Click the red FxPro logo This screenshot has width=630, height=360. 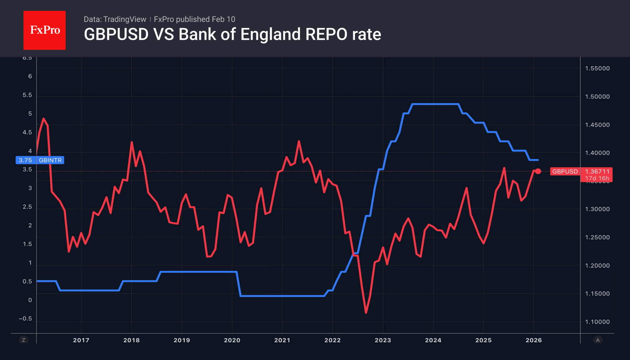(x=45, y=30)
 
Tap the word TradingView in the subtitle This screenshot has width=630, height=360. (x=125, y=19)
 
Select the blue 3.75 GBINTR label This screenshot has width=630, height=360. (x=40, y=160)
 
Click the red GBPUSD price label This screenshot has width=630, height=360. (x=565, y=172)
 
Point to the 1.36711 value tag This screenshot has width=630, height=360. (x=597, y=172)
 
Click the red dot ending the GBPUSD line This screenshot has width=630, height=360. (x=538, y=171)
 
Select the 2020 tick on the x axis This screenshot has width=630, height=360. (x=232, y=340)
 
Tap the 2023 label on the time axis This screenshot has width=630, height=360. (x=383, y=340)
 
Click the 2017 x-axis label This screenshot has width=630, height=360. (x=81, y=340)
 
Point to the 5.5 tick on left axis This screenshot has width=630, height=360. (x=27, y=95)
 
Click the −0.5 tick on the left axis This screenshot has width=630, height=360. (x=25, y=319)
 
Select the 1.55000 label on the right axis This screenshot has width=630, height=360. (x=597, y=68)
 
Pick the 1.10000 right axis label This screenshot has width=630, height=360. (x=597, y=322)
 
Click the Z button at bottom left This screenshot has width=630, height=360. (x=23, y=340)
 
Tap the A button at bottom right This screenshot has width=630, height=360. (x=598, y=340)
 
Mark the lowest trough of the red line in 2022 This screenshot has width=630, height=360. (x=366, y=313)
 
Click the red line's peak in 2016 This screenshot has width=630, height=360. (x=44, y=119)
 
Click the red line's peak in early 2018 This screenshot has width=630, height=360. (x=132, y=142)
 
